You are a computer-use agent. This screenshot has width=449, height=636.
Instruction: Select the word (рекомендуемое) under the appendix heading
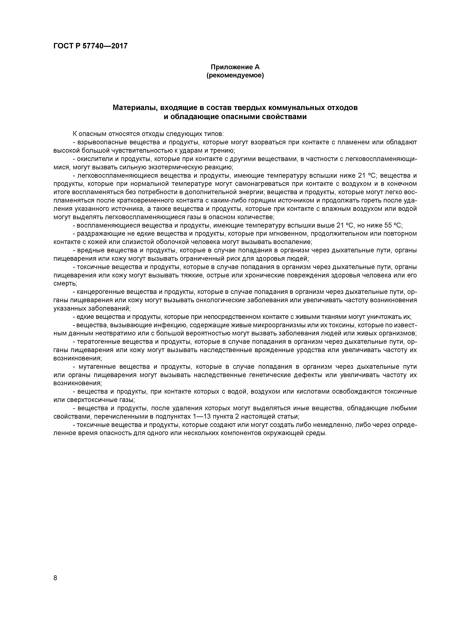click(x=235, y=75)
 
